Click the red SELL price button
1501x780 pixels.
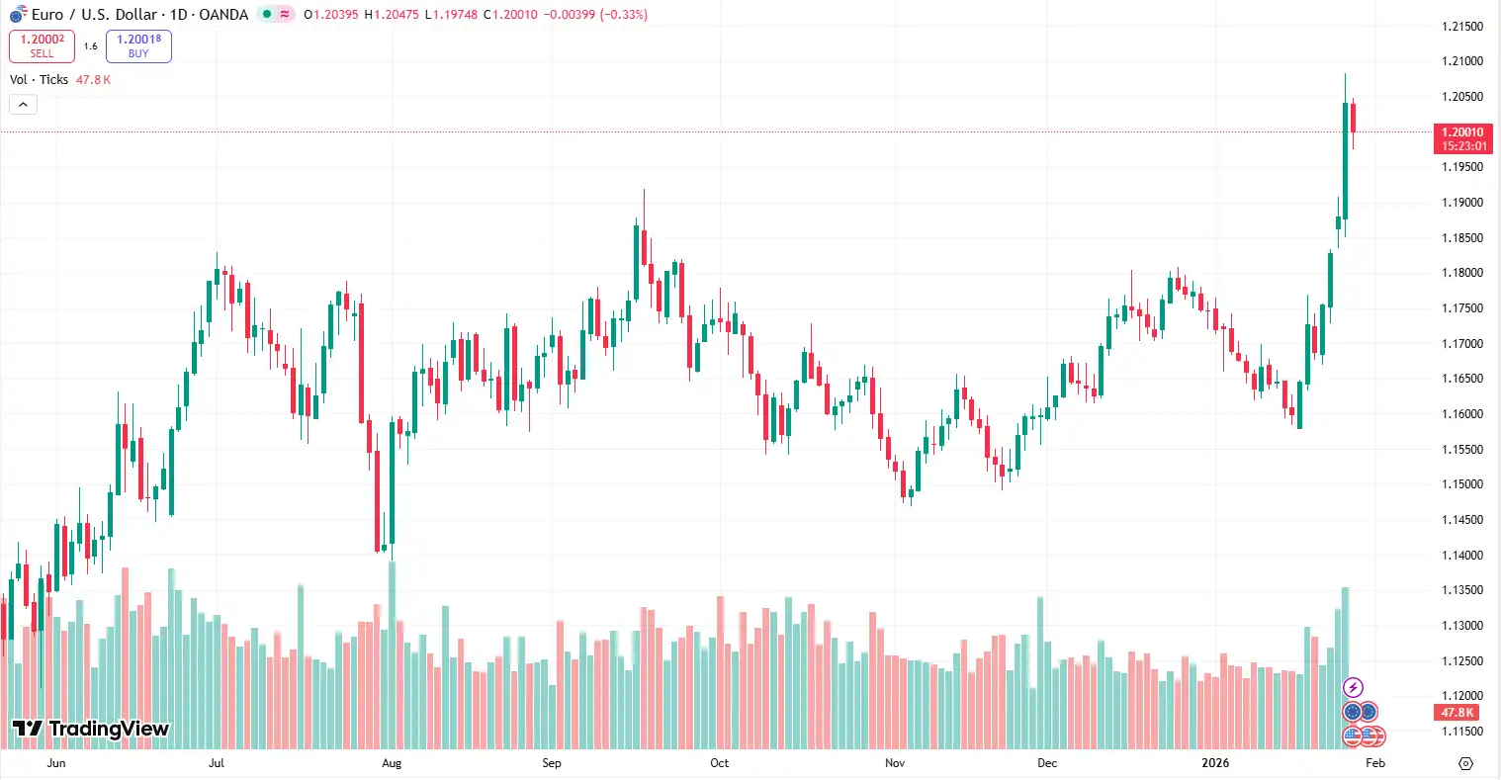coord(42,45)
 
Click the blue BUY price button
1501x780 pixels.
coord(138,45)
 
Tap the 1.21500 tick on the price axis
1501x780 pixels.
coord(1462,27)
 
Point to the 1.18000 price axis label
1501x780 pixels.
coord(1462,273)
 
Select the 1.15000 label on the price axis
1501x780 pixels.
coord(1462,484)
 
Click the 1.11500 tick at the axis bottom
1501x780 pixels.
coord(1462,732)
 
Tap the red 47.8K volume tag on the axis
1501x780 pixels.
coord(1457,713)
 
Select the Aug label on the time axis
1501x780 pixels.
coord(392,763)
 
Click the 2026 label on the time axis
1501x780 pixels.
coord(1214,763)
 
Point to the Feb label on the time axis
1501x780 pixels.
coord(1374,763)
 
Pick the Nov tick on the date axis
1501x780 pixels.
coord(895,763)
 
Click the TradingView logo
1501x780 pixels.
coord(91,730)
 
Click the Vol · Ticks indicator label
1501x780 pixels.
coord(40,80)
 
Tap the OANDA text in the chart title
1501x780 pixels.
coord(223,15)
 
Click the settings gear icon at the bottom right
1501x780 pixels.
coord(1465,763)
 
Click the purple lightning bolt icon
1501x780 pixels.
coord(1353,688)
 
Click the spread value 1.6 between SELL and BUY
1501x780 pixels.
coord(90,46)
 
